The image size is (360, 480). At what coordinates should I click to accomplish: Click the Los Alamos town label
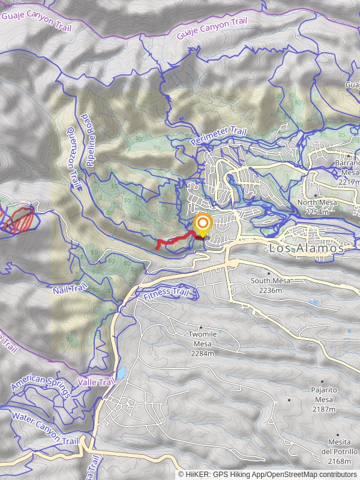[307, 248]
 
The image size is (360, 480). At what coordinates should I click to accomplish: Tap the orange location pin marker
[203, 226]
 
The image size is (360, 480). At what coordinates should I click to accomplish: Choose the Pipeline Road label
[91, 139]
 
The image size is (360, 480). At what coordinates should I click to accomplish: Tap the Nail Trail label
[66, 290]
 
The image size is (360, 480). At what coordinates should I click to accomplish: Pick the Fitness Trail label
[170, 294]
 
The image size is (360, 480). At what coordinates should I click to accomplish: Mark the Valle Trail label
[96, 382]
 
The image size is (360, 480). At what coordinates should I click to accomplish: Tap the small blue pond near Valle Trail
[121, 373]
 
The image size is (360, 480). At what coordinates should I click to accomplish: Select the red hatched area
[21, 218]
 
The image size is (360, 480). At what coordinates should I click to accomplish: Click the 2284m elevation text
[203, 353]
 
